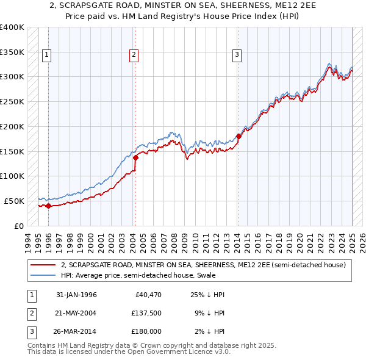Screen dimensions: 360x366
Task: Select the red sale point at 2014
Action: [239, 136]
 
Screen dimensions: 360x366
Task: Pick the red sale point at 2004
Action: [136, 157]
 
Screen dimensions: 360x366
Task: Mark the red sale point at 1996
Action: [48, 206]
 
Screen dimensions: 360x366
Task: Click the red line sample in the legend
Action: [43, 265]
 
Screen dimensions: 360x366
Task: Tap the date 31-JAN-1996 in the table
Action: [76, 295]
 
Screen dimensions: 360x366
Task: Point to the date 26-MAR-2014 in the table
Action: [76, 333]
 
